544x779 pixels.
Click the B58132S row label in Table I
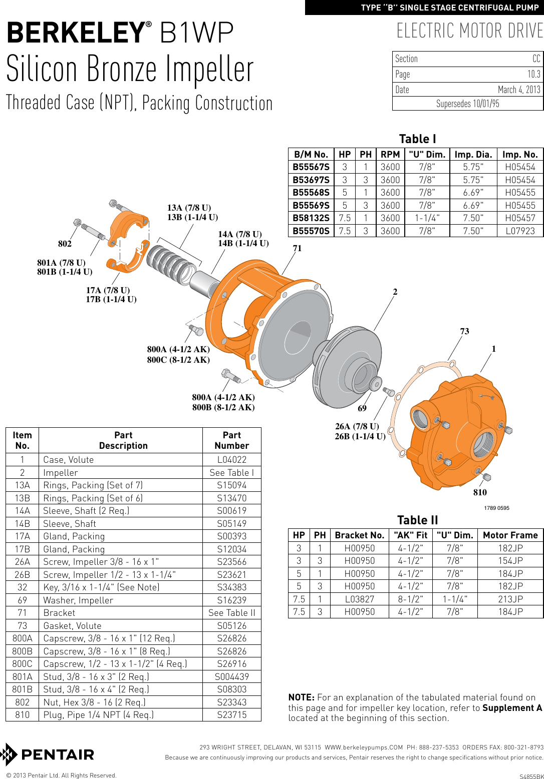click(x=311, y=218)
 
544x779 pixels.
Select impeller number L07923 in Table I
click(x=520, y=231)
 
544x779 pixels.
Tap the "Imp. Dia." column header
click(x=473, y=155)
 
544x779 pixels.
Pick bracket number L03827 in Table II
click(x=359, y=599)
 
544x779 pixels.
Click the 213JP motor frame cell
click(x=510, y=599)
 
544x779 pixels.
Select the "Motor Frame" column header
click(x=510, y=535)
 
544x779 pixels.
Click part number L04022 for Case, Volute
click(x=231, y=460)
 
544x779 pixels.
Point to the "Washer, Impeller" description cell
click(x=78, y=600)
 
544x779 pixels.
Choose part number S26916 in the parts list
click(x=231, y=664)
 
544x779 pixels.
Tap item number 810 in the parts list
click(x=22, y=715)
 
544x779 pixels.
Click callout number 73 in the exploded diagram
click(x=464, y=331)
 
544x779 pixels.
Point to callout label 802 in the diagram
click(x=65, y=244)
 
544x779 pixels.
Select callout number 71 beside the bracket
click(x=297, y=249)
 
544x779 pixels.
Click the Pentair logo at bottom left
click(x=48, y=754)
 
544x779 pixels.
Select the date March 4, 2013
click(x=518, y=90)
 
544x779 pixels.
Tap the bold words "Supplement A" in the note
click(x=512, y=708)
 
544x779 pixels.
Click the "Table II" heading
click(x=417, y=520)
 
